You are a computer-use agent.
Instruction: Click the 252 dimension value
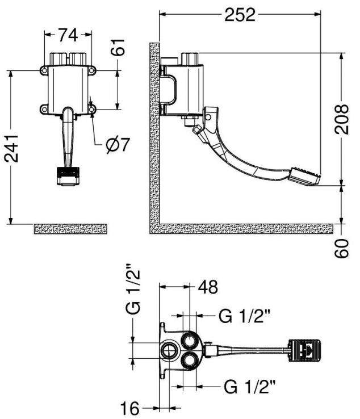click(240, 15)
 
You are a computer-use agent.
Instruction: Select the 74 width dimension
click(68, 35)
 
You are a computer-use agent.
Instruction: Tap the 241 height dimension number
click(11, 148)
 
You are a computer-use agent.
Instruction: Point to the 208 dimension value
click(342, 119)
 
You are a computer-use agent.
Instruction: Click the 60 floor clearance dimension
click(342, 248)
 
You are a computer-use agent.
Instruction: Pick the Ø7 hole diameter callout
click(118, 145)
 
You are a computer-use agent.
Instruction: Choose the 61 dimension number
click(118, 47)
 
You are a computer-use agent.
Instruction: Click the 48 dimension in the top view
click(208, 287)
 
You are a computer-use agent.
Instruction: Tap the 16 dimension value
click(130, 408)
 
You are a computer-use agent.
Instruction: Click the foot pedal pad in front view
click(68, 176)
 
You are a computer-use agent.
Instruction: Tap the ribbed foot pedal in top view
click(304, 351)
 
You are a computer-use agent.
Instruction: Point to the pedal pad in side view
click(305, 176)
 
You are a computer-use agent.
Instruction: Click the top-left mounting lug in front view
click(44, 70)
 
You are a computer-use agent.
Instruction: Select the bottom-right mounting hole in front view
click(92, 110)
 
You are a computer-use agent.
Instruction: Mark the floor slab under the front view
click(70, 229)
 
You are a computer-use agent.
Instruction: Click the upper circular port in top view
click(190, 341)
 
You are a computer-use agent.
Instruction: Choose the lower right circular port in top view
click(190, 361)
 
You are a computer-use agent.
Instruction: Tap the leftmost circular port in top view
click(169, 350)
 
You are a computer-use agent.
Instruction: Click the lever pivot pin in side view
click(208, 117)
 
